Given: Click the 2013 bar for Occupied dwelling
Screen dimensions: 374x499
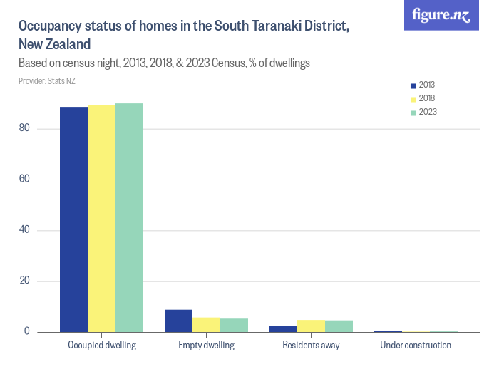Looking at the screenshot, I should click(x=73, y=219).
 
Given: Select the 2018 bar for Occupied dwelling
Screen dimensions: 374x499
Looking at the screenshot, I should click(x=101, y=219).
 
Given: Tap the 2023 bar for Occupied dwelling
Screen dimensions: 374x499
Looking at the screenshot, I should click(x=129, y=218).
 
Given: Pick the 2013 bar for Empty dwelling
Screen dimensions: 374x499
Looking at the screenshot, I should click(x=178, y=321).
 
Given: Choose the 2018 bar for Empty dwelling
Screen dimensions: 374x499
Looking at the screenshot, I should click(x=206, y=325).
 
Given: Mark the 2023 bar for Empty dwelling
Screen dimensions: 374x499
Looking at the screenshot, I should click(x=234, y=325).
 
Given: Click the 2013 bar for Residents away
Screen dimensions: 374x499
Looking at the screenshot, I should click(x=283, y=329).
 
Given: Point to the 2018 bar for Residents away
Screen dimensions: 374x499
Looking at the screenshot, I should click(x=311, y=326).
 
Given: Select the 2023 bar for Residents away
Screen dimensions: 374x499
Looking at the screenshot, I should click(x=339, y=326).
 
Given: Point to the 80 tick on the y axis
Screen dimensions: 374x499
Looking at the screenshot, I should click(x=26, y=128).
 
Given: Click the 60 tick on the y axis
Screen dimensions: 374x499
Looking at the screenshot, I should click(x=26, y=179).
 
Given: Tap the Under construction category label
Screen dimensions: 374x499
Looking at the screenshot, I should click(x=416, y=346).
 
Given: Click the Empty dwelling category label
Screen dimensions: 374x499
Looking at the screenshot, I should click(x=206, y=346).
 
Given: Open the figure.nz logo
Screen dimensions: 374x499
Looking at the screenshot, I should click(x=441, y=16).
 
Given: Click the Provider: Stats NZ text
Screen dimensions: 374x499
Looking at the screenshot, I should click(x=47, y=81).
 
